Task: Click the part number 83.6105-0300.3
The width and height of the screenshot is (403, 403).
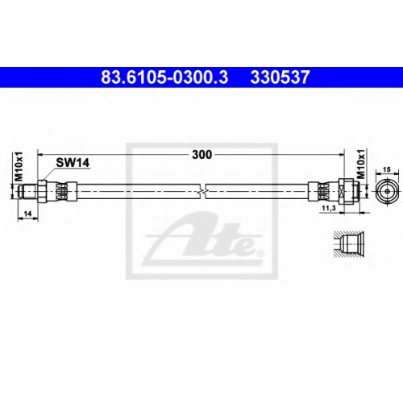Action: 164,77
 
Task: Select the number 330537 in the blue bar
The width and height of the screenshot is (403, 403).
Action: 280,77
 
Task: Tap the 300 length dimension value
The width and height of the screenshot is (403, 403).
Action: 201,155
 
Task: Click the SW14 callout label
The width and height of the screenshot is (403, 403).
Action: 73,163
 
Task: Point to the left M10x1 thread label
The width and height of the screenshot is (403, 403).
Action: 19,166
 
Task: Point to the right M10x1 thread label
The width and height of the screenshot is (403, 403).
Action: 361,164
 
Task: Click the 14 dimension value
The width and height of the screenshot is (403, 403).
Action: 27,214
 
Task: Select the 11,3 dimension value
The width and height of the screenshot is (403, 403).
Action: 328,209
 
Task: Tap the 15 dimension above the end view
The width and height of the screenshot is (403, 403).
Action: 387,170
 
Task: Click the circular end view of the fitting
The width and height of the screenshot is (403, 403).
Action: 387,191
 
